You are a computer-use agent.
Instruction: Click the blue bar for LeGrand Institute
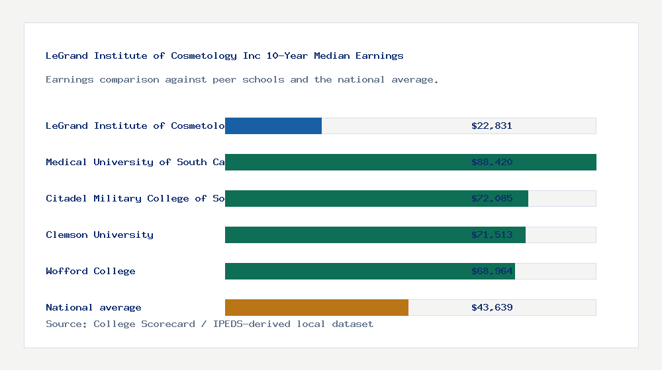(273, 126)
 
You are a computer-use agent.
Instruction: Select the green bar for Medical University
(344, 162)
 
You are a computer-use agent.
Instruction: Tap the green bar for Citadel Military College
(344, 198)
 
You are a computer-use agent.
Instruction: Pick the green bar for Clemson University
(344, 235)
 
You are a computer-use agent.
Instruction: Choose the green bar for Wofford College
(344, 271)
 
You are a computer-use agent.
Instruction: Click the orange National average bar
(316, 307)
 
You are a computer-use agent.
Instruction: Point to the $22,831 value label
(492, 126)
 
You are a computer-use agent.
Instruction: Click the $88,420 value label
(492, 162)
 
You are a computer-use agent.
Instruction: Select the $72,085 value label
(492, 198)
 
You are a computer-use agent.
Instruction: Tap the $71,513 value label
(492, 235)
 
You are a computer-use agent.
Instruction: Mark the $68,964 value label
(492, 271)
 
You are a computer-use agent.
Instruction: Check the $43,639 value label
(492, 307)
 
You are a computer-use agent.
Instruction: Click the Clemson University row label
(99, 235)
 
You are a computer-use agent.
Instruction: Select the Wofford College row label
(91, 271)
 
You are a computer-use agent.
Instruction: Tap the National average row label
(93, 307)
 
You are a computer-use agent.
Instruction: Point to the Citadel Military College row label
(135, 198)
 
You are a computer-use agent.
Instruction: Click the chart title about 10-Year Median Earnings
(224, 55)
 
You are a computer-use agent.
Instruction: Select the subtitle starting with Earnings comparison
(242, 79)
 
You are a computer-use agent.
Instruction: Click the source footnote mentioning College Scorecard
(209, 324)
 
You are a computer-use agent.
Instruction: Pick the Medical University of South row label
(135, 162)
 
